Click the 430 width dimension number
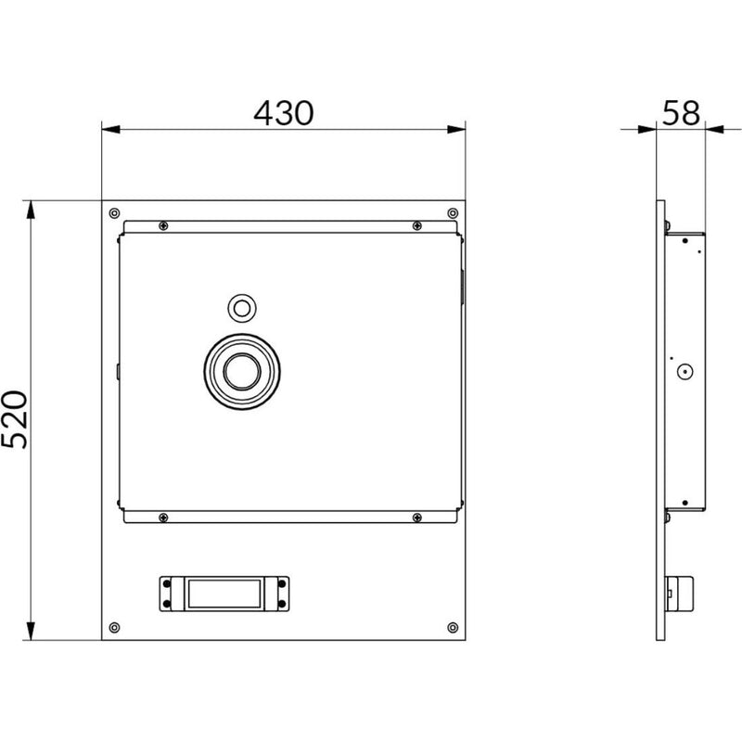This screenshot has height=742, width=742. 284,113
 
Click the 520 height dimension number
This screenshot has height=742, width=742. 15,419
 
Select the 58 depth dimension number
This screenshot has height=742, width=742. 681,113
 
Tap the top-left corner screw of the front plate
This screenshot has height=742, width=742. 114,213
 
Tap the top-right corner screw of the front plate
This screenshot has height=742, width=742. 453,213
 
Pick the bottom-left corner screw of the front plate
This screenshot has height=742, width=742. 114,628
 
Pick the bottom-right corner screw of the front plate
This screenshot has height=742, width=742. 453,628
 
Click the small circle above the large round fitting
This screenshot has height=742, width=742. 242,309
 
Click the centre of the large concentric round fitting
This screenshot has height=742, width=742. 242,372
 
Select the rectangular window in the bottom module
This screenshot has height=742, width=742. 224,594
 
